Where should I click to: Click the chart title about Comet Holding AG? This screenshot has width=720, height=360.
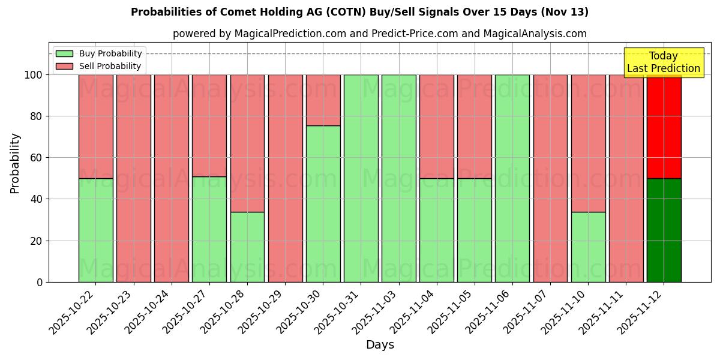(359, 12)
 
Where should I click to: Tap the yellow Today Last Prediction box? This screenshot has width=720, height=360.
(664, 62)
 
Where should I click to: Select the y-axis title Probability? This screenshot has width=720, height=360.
(15, 163)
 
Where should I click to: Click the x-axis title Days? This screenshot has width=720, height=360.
(380, 345)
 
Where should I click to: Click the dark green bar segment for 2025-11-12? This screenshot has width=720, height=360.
(664, 230)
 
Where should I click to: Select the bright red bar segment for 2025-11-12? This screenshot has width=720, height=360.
(664, 126)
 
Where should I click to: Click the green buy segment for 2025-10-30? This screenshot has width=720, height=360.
(323, 204)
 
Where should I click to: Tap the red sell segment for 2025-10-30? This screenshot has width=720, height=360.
(323, 100)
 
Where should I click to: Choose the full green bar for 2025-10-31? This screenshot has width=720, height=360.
(361, 178)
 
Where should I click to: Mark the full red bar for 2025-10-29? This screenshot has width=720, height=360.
(285, 178)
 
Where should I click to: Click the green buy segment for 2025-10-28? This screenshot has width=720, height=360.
(247, 247)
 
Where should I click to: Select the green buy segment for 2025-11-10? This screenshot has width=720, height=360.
(588, 247)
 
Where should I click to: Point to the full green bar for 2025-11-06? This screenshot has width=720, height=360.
(512, 178)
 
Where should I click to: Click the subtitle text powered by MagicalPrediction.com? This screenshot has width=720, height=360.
(380, 34)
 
